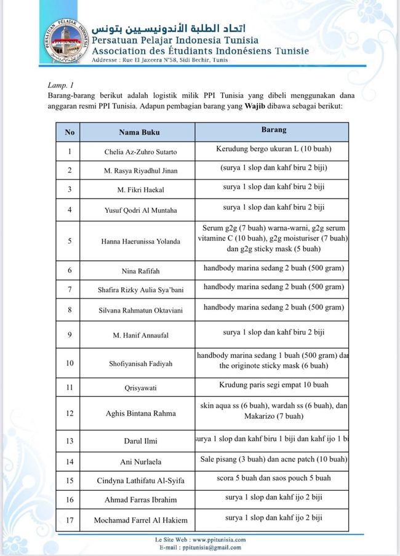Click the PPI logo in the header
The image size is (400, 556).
[x=63, y=41]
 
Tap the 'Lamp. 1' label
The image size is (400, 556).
[x=60, y=84]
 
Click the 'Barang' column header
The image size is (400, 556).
[x=273, y=131]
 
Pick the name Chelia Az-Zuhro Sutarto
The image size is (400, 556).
[x=140, y=151]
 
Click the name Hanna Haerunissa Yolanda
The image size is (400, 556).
[x=140, y=241]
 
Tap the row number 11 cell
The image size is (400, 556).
[x=70, y=387]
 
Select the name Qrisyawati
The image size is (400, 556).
[x=140, y=387]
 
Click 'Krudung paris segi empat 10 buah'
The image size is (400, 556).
[x=273, y=385]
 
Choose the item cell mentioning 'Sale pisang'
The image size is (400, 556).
[x=273, y=459]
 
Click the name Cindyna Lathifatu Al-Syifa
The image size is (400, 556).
[x=140, y=480]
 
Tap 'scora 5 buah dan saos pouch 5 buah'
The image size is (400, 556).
[x=273, y=478]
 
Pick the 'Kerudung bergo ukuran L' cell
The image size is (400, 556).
[x=273, y=149]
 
